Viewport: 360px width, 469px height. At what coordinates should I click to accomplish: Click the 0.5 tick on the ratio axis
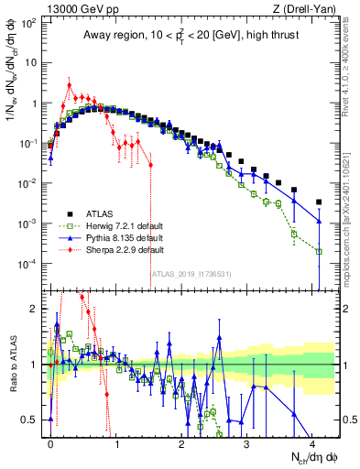[x=32, y=420]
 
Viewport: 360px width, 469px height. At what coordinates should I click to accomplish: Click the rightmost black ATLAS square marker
[x=319, y=202]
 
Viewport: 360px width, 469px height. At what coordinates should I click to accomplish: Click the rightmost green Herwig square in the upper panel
[x=319, y=251]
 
